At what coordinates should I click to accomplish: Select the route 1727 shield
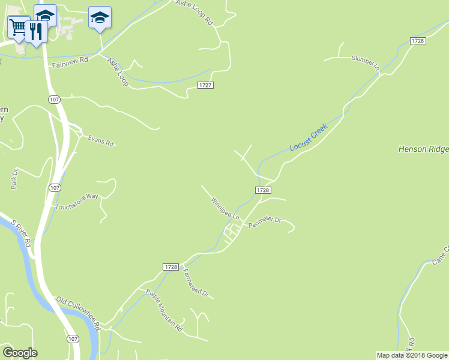[x=205, y=85]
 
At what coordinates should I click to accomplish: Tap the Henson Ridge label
[x=423, y=148]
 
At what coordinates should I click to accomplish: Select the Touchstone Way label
[x=76, y=202]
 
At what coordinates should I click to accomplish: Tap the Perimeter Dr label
[x=265, y=221]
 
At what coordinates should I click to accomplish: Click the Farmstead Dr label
[x=195, y=283]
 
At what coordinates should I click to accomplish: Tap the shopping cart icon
[x=18, y=26]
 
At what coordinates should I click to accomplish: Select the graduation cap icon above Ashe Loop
[x=100, y=18]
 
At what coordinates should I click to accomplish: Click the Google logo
[x=20, y=353]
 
